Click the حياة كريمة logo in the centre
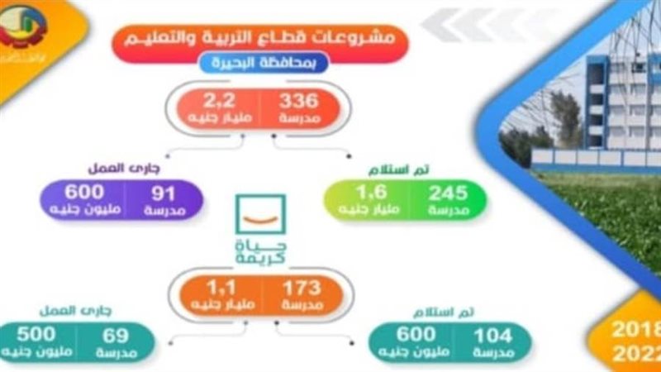261,232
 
